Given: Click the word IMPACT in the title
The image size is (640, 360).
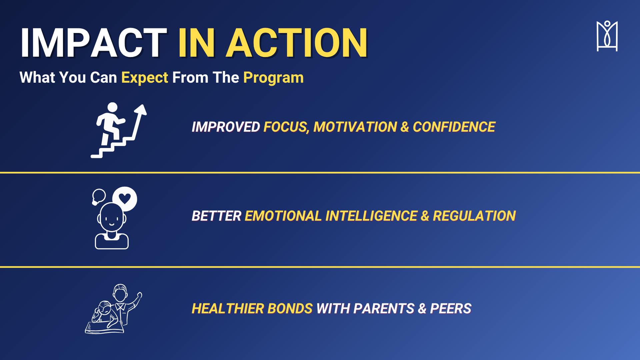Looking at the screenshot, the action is (93, 43).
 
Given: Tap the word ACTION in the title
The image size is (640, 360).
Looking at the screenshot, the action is (297, 43).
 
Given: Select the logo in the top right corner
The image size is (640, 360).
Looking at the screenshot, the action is (607, 36).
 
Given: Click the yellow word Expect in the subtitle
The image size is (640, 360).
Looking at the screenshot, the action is (145, 78).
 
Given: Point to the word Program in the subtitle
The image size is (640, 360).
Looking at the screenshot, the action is (273, 78).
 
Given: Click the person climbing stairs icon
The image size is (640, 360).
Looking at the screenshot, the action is (119, 130).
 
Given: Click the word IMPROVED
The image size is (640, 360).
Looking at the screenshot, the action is (226, 127).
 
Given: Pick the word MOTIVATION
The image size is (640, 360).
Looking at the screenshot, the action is (355, 127).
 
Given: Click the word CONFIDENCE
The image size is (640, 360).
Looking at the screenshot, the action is (454, 127).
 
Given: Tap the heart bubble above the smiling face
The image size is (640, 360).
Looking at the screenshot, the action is (125, 199).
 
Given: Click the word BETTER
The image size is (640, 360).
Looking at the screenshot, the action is (216, 216).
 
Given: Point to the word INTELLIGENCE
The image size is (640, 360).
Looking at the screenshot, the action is (371, 216).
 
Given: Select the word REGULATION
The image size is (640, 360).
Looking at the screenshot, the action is (474, 216).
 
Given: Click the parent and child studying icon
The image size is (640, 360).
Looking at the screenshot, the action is (114, 309).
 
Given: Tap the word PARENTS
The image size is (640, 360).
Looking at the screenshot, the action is (384, 309).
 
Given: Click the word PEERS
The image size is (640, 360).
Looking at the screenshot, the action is (451, 309).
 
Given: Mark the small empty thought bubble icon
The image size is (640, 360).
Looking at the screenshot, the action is (99, 197).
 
